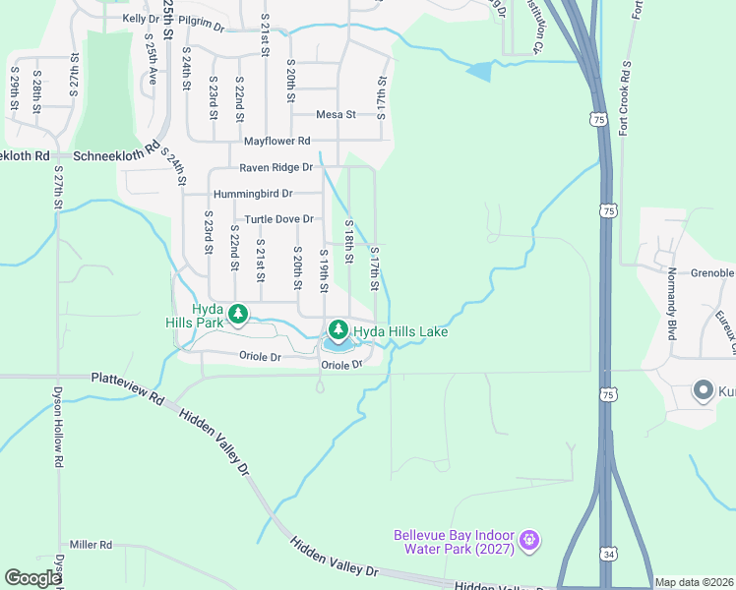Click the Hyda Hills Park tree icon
coord(237,314)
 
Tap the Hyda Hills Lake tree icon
coord(338,328)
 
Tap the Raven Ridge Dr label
coord(276,168)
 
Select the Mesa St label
coord(336,115)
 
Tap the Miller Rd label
coord(92,544)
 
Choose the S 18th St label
coord(348,241)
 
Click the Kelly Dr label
coord(140,19)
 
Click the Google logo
coord(32,578)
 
